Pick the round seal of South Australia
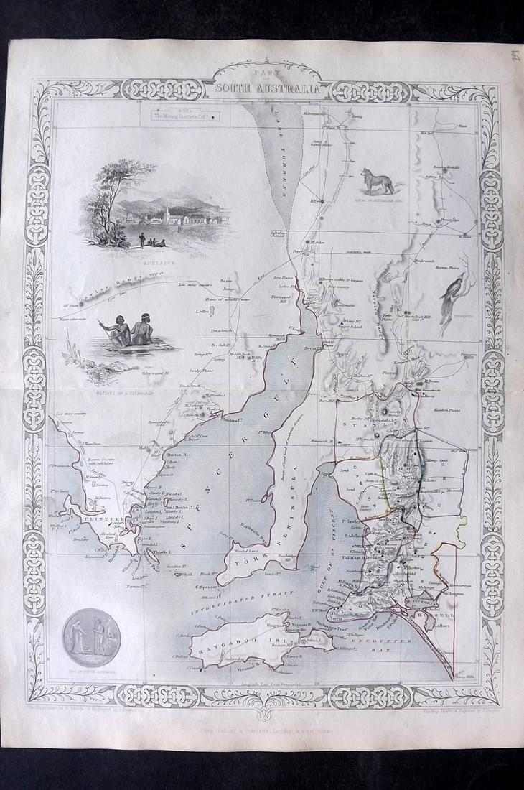point(89,641)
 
